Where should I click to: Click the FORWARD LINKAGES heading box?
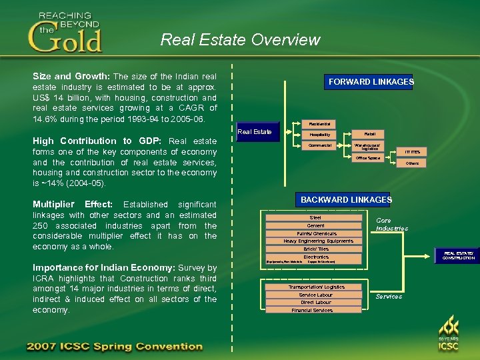pyautogui.click(x=371, y=82)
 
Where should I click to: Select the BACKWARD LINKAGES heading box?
pyautogui.click(x=346, y=199)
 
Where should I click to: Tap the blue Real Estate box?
pyautogui.click(x=255, y=131)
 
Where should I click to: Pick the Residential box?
pyautogui.click(x=319, y=123)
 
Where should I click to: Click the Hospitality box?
pyautogui.click(x=319, y=135)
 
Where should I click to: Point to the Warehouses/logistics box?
pyautogui.click(x=369, y=147)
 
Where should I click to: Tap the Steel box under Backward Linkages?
pyautogui.click(x=315, y=217)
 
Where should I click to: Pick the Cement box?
pyautogui.click(x=315, y=225)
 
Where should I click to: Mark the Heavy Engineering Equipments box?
pyautogui.click(x=318, y=241)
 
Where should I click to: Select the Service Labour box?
pyautogui.click(x=315, y=295)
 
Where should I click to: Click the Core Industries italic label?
pyautogui.click(x=391, y=224)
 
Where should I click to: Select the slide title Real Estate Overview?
pyautogui.click(x=240, y=40)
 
